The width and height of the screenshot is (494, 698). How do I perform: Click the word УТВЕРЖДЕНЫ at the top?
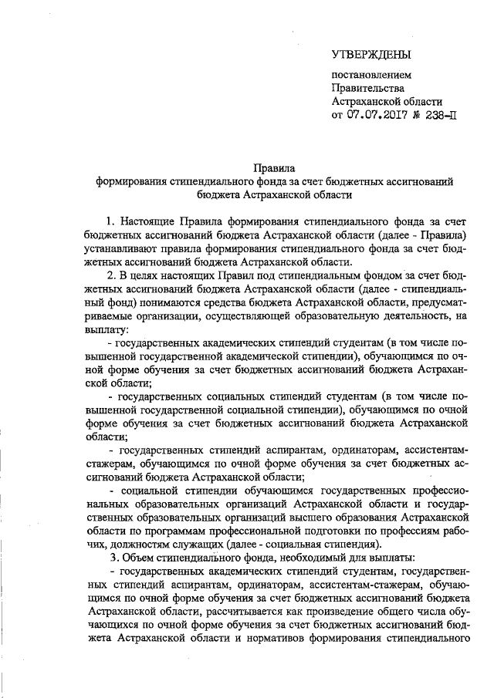370,54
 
